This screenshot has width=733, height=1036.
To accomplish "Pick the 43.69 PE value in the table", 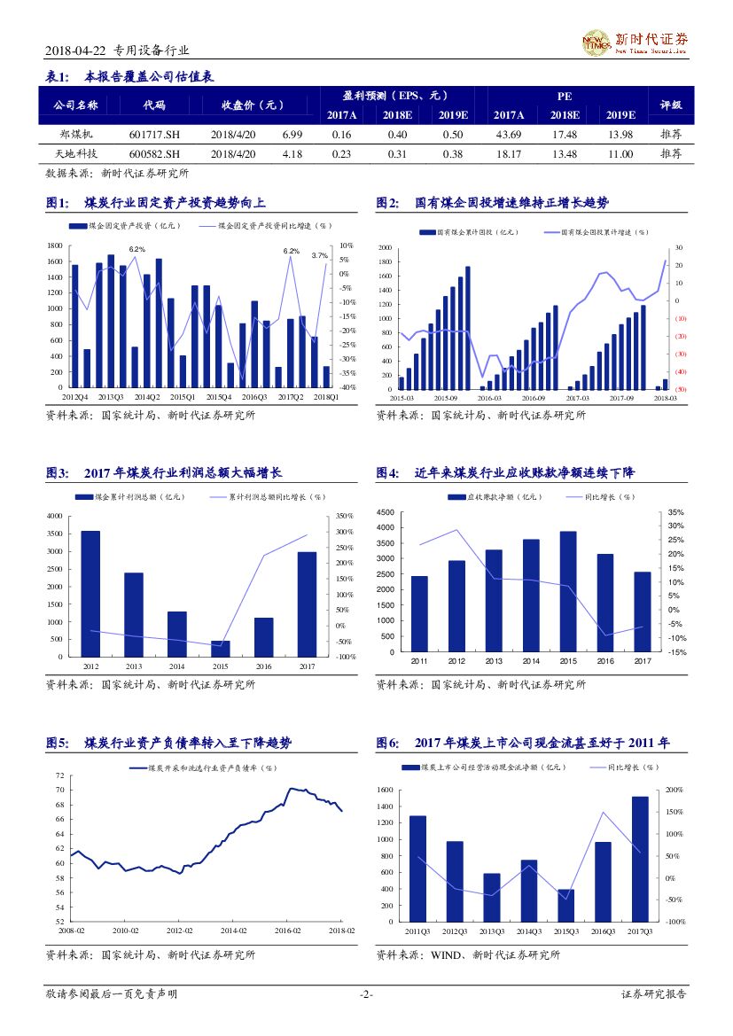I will point(508,134).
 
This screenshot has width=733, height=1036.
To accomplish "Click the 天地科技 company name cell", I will point(75,154).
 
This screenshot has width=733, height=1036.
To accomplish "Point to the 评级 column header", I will point(671,105).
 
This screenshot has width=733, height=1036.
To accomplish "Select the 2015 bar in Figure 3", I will point(221,648).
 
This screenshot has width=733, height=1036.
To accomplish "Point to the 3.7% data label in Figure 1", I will point(320,255).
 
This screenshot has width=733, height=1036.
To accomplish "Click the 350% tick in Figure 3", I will point(345,516).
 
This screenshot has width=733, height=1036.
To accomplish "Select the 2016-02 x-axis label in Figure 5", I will point(287,931).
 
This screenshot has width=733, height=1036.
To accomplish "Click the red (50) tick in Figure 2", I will point(681,390).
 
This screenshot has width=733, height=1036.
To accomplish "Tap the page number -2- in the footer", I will point(366,994).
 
